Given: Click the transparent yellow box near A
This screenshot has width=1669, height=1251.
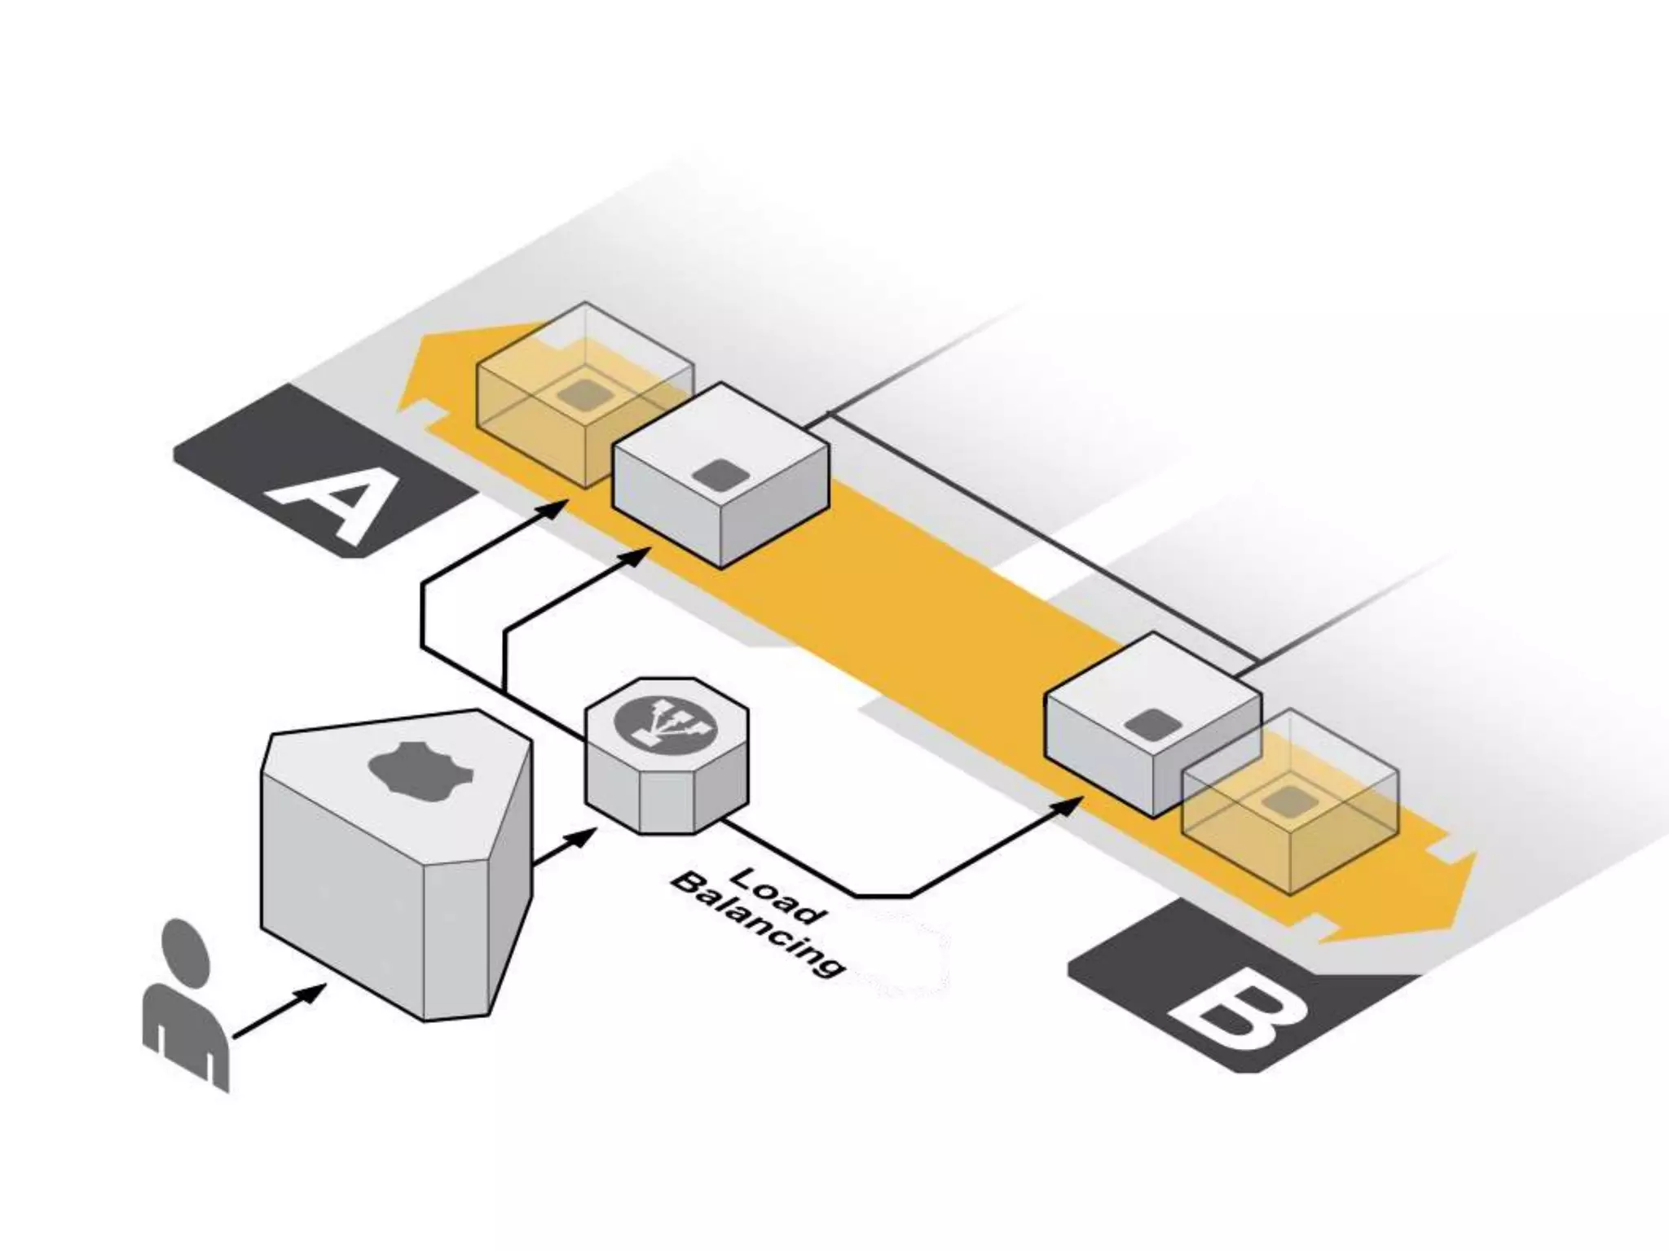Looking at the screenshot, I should click(x=570, y=391).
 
